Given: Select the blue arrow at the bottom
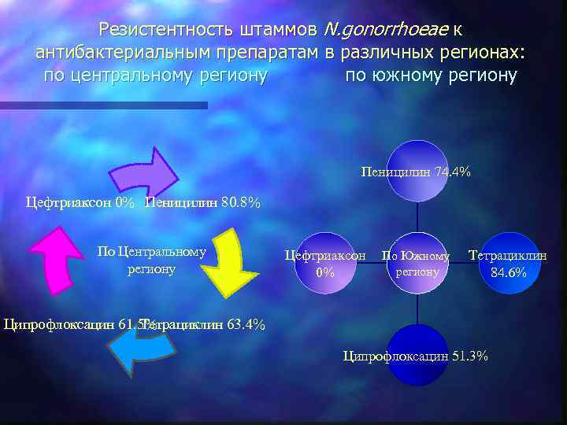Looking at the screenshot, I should point(138,346).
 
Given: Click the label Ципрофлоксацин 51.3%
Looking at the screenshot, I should point(416,357).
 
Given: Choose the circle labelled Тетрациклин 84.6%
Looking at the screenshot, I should point(508,264).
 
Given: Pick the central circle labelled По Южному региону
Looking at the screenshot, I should point(416,264).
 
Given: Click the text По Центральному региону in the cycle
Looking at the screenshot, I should point(151,260).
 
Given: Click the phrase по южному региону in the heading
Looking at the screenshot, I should point(431,76).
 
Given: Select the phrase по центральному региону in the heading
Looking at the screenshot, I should point(155,76).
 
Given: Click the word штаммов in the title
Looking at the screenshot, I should point(276,30).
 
